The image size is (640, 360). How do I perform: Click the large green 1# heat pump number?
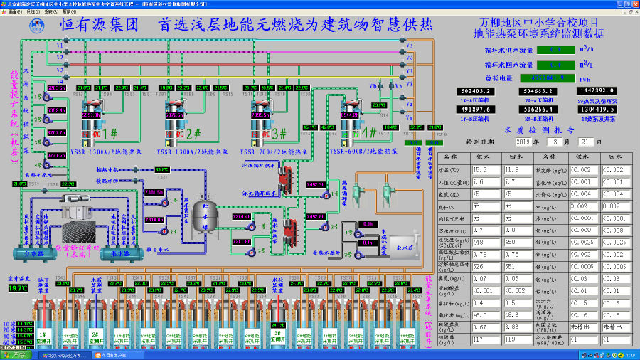110,133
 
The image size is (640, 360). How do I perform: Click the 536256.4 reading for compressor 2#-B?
538,110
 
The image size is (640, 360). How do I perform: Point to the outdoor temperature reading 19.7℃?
18,288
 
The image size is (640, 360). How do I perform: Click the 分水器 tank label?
35,253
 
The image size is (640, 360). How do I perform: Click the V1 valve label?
60,45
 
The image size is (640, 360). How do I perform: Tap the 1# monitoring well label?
41,334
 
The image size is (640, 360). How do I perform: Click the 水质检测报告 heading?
540,130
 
